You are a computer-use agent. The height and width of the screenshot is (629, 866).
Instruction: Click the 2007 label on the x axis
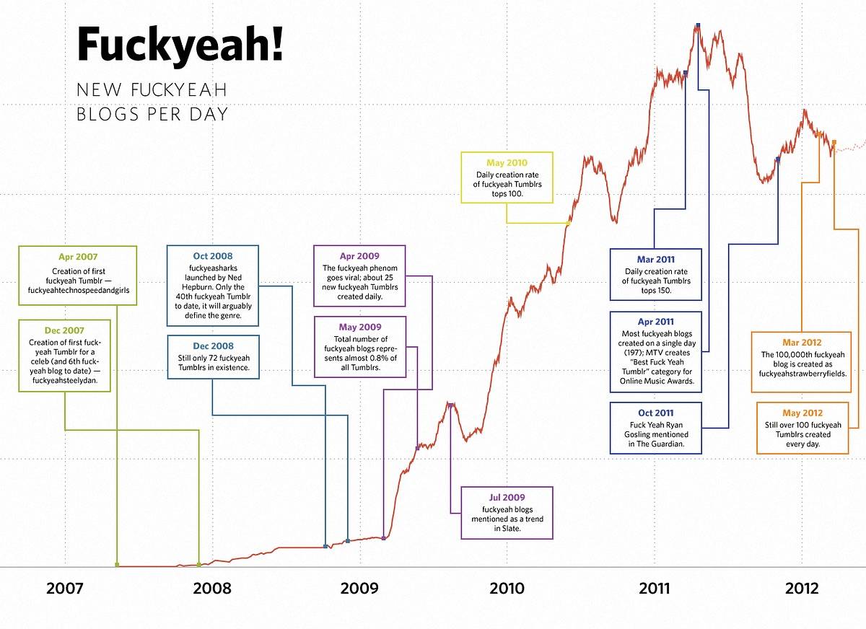(64, 589)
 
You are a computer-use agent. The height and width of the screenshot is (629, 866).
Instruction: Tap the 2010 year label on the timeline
(507, 589)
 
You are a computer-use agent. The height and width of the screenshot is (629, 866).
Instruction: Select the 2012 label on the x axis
(802, 589)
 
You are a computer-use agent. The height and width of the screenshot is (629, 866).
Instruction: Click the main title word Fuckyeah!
(180, 44)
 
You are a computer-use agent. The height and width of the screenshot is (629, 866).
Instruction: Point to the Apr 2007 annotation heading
(78, 257)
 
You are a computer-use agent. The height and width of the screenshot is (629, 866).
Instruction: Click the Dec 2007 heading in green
(64, 330)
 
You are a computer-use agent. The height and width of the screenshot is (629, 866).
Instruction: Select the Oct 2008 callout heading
(213, 256)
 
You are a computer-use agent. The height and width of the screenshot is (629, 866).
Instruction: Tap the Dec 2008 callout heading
(213, 346)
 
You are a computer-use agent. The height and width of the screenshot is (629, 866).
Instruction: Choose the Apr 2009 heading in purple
(359, 256)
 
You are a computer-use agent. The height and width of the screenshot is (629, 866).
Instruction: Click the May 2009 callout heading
(360, 327)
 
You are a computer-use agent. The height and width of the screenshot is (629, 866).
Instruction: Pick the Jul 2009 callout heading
(507, 497)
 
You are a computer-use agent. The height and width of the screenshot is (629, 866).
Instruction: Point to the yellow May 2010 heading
(507, 162)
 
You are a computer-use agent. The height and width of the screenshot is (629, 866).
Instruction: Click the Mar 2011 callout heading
(656, 259)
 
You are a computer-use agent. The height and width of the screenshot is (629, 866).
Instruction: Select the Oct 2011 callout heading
(656, 413)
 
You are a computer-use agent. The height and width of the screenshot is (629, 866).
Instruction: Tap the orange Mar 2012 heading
(802, 343)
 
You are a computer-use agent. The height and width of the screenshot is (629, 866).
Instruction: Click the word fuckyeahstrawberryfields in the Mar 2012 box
(802, 374)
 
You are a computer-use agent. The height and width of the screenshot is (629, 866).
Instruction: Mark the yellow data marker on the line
(568, 223)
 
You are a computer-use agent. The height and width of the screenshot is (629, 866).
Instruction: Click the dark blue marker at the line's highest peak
(698, 25)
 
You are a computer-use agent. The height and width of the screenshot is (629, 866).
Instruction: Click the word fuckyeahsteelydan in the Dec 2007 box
(64, 380)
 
